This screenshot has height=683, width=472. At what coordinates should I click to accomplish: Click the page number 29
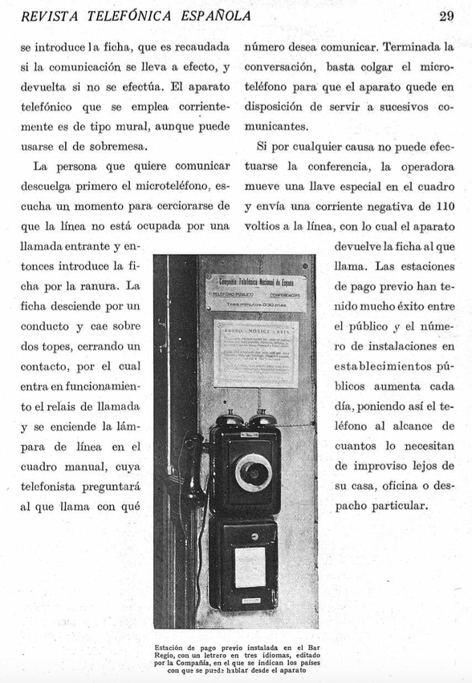[x=447, y=16]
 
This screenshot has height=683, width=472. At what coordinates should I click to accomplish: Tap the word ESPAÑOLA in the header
[x=214, y=16]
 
